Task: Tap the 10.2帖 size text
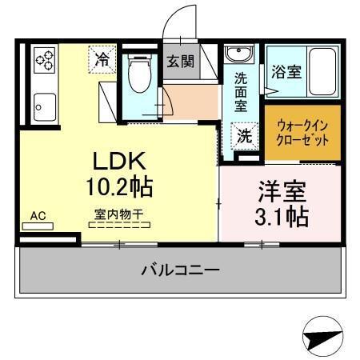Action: [x=120, y=187]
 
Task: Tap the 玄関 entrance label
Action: [x=180, y=62]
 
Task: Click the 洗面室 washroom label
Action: [x=242, y=92]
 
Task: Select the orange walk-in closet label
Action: [x=302, y=132]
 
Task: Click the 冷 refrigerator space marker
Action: [x=102, y=58]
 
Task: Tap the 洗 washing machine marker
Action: [x=244, y=134]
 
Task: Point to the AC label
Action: [x=38, y=215]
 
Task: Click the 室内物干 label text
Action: [x=118, y=214]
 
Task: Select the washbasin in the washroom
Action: [x=238, y=55]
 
